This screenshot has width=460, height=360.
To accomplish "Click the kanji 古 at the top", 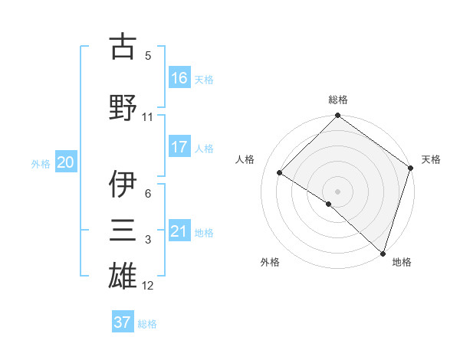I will [123, 47].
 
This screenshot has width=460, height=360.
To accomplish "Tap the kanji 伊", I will [123, 183].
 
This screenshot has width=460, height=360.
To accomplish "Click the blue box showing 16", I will [179, 77].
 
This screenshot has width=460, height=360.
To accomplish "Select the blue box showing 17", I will [179, 146].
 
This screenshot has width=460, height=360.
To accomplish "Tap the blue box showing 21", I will [179, 231].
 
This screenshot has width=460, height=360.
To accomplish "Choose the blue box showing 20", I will [66, 162].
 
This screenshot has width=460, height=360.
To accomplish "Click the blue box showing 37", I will [123, 322].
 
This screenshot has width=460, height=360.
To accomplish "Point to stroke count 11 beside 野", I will [147, 117].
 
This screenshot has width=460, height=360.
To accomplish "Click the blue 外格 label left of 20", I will [41, 163].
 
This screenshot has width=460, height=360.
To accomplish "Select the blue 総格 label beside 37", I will [148, 323].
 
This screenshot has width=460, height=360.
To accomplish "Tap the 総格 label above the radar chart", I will [337, 100].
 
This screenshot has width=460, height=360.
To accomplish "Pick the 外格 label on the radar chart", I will [270, 262].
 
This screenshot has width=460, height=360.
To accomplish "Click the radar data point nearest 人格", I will [281, 173].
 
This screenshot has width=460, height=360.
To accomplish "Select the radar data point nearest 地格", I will [383, 252].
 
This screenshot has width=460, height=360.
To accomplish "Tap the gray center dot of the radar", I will [337, 190].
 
